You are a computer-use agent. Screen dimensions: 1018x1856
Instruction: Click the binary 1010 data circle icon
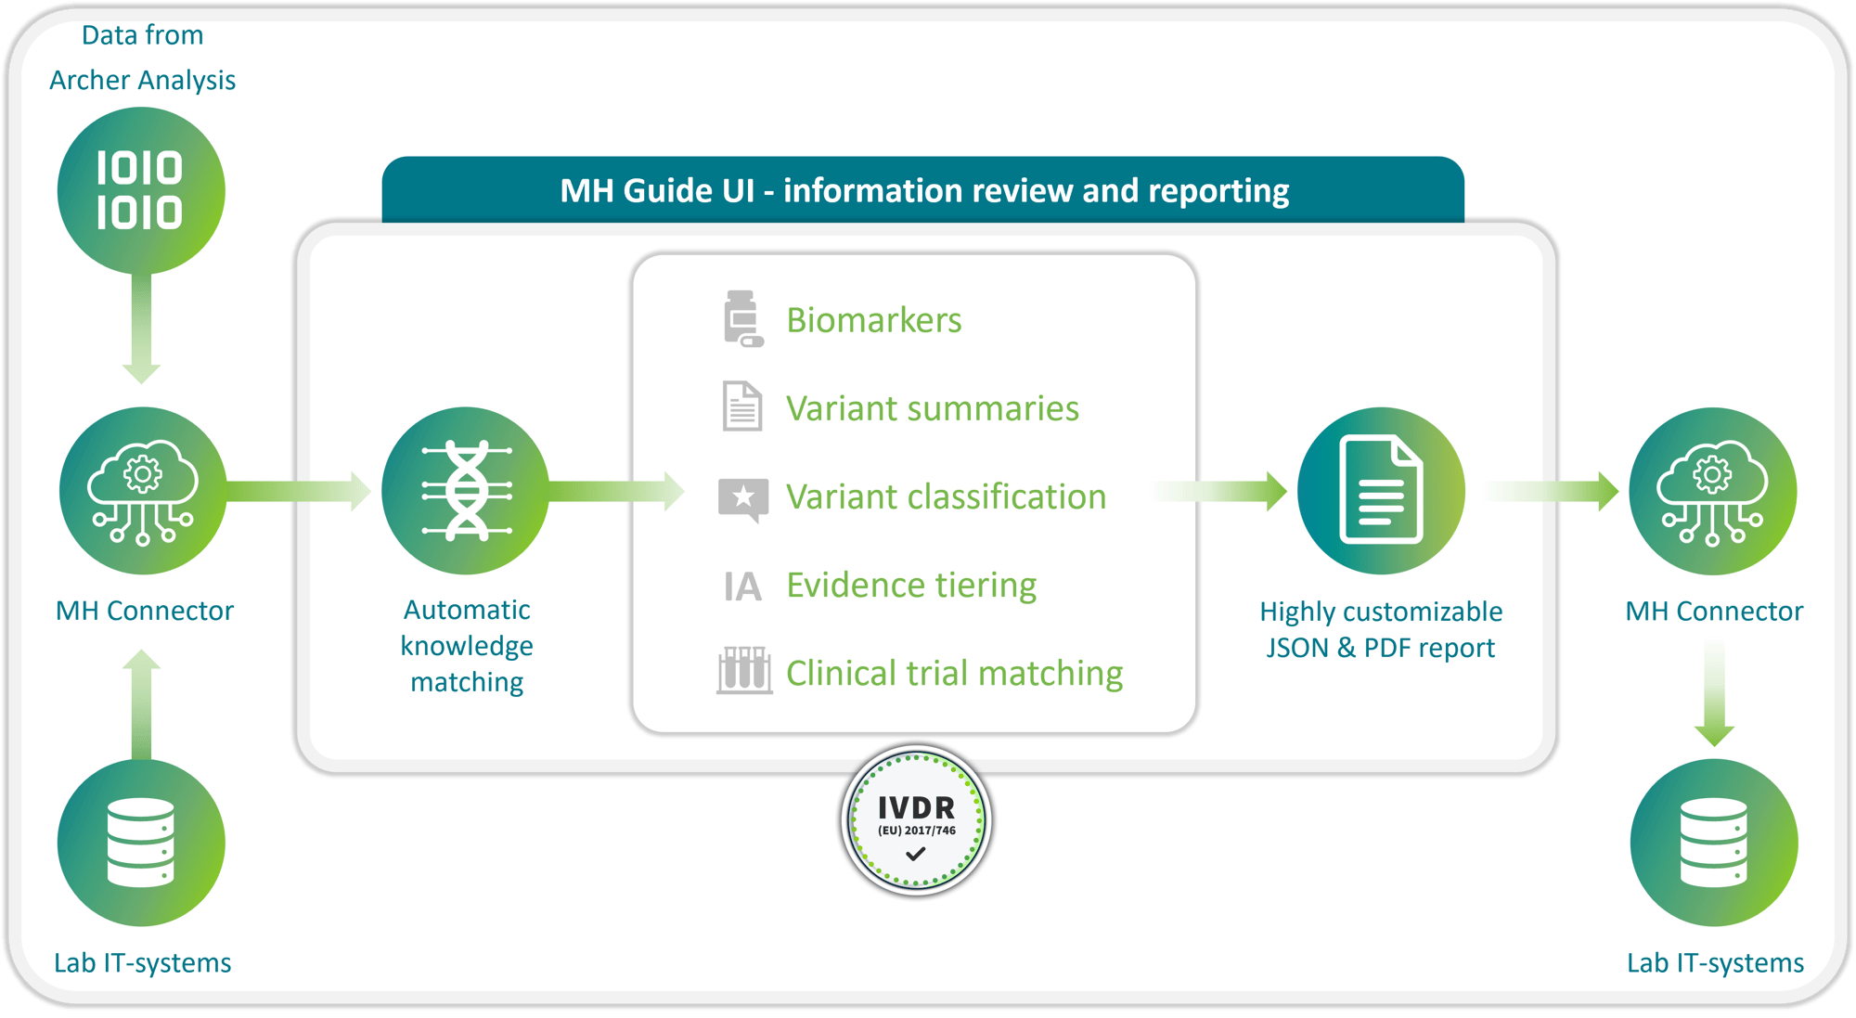pyautogui.click(x=141, y=190)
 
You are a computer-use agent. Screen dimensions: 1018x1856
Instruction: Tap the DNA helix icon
pyautogui.click(x=466, y=491)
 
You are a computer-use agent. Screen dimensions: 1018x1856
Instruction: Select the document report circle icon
pyautogui.click(x=1381, y=490)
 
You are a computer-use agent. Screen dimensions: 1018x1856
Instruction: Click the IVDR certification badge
pyautogui.click(x=916, y=820)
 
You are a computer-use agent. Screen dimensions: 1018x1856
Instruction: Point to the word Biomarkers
pyautogui.click(x=873, y=320)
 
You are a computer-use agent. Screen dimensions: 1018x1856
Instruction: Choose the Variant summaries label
pyautogui.click(x=932, y=408)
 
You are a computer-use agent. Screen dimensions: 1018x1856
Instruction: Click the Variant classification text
pyautogui.click(x=946, y=496)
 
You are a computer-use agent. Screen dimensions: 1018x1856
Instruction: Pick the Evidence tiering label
pyautogui.click(x=911, y=585)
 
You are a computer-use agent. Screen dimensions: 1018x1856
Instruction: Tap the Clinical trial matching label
pyautogui.click(x=954, y=673)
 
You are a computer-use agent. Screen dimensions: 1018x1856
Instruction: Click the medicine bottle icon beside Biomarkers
pyautogui.click(x=742, y=318)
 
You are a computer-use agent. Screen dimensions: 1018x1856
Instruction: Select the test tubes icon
pyautogui.click(x=743, y=670)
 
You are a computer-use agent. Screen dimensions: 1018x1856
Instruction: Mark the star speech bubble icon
pyautogui.click(x=742, y=499)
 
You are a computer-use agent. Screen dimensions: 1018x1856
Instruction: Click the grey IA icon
pyautogui.click(x=742, y=586)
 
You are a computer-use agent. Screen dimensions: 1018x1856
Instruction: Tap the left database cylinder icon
pyautogui.click(x=141, y=843)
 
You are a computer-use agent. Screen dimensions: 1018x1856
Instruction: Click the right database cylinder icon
pyautogui.click(x=1713, y=843)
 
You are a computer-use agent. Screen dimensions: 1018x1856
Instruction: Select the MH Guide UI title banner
pyautogui.click(x=923, y=190)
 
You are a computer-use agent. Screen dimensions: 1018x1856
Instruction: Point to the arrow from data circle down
pyautogui.click(x=141, y=329)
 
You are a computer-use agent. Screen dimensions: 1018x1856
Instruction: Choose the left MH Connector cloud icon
pyautogui.click(x=143, y=491)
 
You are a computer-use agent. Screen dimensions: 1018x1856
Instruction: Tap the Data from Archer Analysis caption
pyautogui.click(x=142, y=58)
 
